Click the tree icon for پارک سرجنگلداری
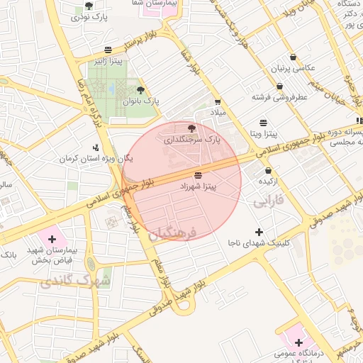(191, 128)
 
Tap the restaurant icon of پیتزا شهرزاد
(197, 174)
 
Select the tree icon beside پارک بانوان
(140, 90)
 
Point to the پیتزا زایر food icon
(107, 50)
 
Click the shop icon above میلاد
(217, 101)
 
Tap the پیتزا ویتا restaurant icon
(264, 122)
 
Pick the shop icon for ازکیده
(268, 170)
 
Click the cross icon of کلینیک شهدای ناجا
(259, 232)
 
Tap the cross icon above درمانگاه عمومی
(299, 342)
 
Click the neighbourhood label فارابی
(268, 201)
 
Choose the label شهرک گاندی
(75, 281)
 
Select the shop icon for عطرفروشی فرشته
(280, 86)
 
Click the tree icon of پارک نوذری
(89, 6)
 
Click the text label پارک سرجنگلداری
(192, 140)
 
